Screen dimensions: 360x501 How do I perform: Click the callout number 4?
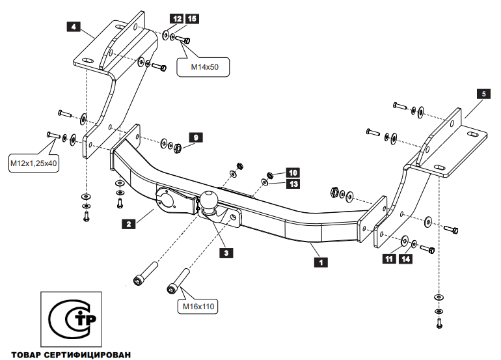(x=73, y=27)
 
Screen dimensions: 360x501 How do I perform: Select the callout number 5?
(x=483, y=94)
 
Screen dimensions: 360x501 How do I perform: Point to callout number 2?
(x=129, y=223)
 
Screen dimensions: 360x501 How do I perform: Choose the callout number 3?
(x=226, y=253)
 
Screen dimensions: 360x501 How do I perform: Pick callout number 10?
(x=293, y=173)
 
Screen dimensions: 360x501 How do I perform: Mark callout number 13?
(x=293, y=184)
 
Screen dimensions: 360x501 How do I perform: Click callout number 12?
(x=178, y=18)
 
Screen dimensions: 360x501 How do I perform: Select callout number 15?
(x=192, y=18)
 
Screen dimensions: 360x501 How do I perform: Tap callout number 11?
(x=389, y=259)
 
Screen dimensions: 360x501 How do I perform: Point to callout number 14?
(x=405, y=259)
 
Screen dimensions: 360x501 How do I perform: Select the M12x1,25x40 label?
(x=33, y=163)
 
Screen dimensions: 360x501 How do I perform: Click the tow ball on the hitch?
(x=210, y=201)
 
